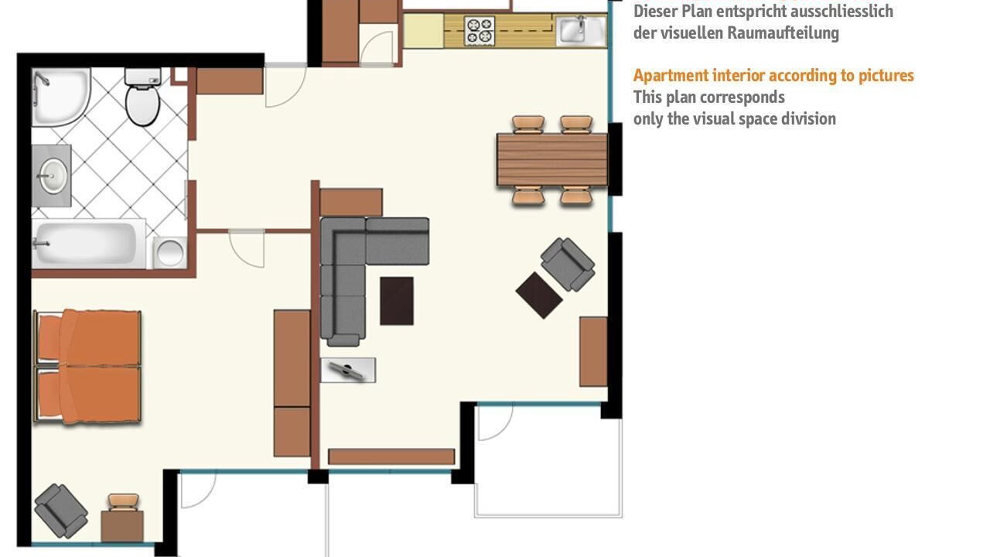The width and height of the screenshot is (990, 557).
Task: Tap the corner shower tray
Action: (x=60, y=97)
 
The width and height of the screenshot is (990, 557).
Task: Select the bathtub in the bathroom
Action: (x=88, y=244)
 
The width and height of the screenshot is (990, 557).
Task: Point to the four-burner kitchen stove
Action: (x=480, y=31)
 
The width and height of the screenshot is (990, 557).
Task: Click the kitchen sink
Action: (x=581, y=30)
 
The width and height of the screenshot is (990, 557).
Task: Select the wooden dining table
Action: (x=552, y=159)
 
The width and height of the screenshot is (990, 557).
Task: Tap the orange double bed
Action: (x=87, y=367)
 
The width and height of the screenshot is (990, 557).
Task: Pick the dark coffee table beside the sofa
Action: (x=397, y=301)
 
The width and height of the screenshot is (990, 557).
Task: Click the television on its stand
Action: (x=348, y=370)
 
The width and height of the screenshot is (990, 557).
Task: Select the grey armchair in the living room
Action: (x=568, y=265)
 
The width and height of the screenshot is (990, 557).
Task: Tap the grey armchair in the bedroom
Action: (x=61, y=511)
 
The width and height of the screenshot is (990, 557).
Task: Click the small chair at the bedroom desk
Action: (x=123, y=502)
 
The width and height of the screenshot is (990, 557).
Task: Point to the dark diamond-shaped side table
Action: (x=539, y=296)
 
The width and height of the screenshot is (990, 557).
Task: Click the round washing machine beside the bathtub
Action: (x=170, y=253)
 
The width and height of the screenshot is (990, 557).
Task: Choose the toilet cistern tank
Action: (x=143, y=77)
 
